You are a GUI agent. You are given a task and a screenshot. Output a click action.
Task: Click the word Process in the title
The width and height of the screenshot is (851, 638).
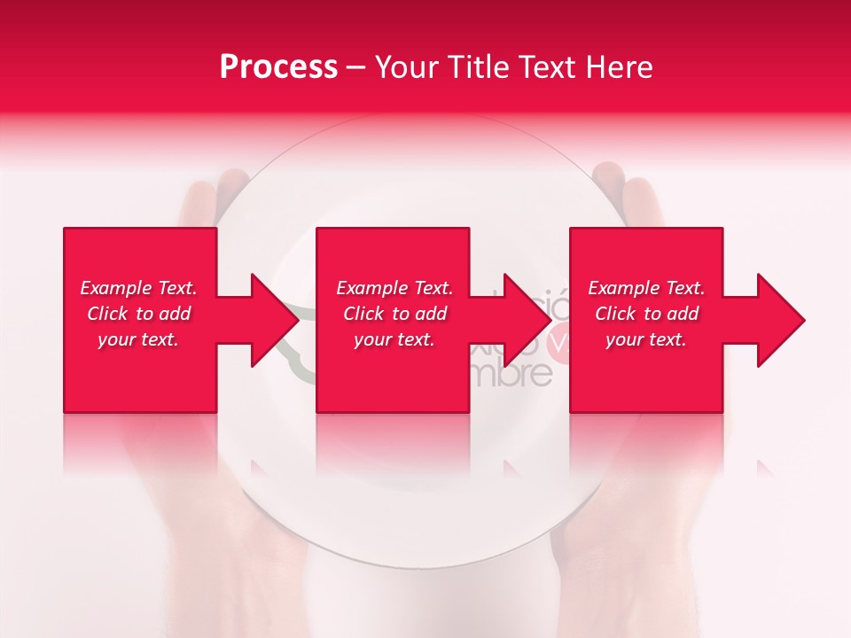pyautogui.click(x=278, y=67)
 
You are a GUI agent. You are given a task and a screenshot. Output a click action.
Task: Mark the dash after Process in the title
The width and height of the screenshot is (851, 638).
pyautogui.click(x=355, y=69)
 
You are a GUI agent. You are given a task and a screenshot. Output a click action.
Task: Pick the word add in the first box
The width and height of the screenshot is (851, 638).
pyautogui.click(x=175, y=314)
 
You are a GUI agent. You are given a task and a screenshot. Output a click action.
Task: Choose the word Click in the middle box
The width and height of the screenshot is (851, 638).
pyautogui.click(x=363, y=314)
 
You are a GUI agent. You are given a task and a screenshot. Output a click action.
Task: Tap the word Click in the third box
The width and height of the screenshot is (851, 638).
pyautogui.click(x=615, y=314)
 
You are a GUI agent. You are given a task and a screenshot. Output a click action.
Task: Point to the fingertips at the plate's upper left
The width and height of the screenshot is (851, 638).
pyautogui.click(x=213, y=186)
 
